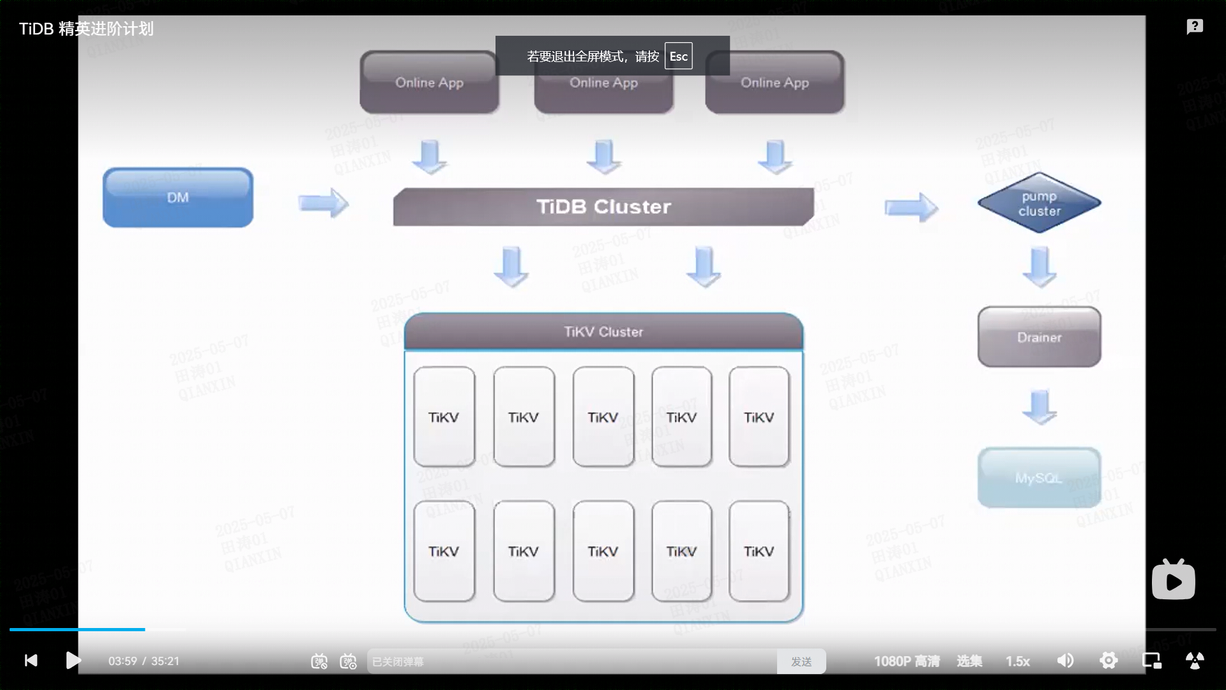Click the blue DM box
(178, 197)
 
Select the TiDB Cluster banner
(603, 206)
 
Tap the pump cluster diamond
(1039, 203)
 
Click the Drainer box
(1039, 337)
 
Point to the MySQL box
(1039, 478)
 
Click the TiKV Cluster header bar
(603, 332)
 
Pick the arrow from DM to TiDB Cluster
(323, 203)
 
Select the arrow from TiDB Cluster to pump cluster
(911, 207)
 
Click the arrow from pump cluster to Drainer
(1040, 266)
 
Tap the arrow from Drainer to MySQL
(1040, 407)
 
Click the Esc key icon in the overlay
(678, 56)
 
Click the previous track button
(31, 661)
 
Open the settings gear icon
(1109, 661)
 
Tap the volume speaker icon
(1065, 661)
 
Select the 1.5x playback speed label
(1018, 661)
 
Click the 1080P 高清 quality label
(907, 661)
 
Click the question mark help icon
(1195, 27)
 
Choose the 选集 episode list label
(969, 661)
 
